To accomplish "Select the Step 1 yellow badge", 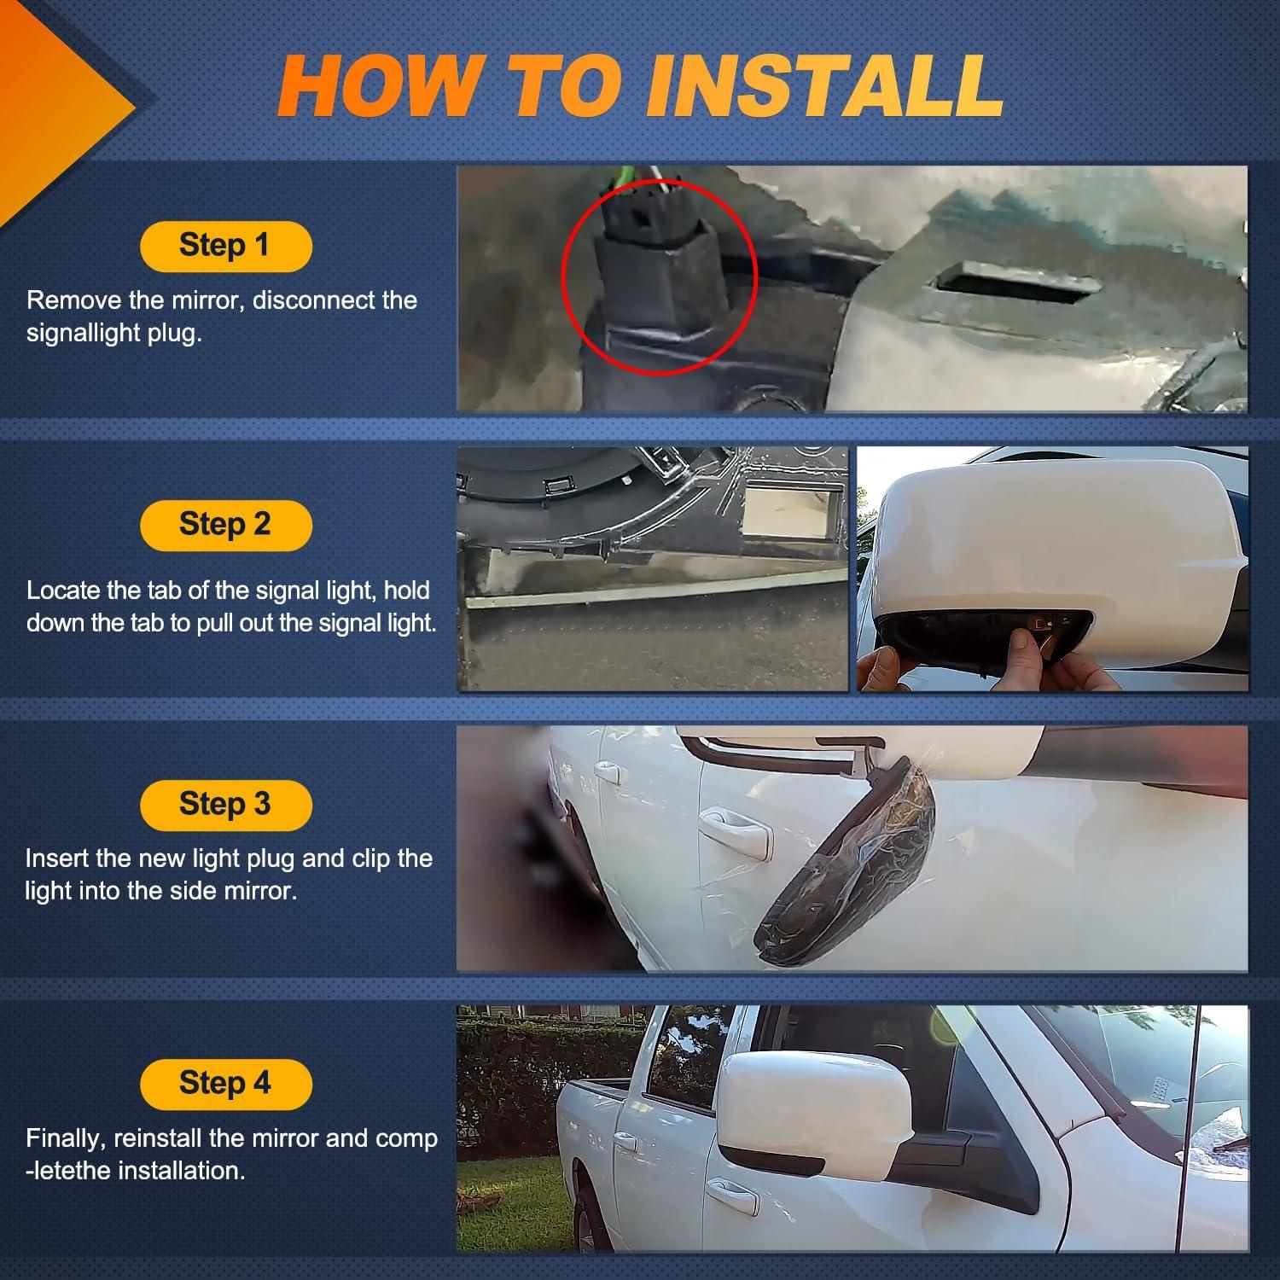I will tap(225, 246).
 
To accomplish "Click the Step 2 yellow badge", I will tap(225, 525).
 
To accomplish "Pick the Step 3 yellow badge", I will tap(225, 804).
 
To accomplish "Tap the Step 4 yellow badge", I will tap(225, 1084).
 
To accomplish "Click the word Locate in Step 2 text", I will tap(61, 591).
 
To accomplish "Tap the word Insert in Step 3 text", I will tap(60, 858).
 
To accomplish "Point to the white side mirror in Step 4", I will tap(802, 1109).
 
